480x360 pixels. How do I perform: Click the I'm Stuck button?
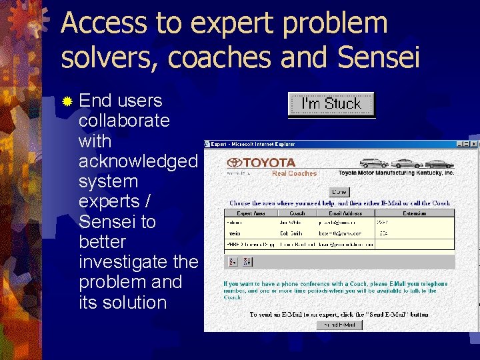click(x=331, y=104)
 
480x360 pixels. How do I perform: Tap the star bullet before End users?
click(x=67, y=101)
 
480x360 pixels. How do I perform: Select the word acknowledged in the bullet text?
click(x=138, y=161)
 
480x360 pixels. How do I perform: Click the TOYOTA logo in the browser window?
click(x=261, y=162)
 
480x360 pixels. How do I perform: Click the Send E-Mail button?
click(x=340, y=325)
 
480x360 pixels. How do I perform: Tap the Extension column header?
click(x=415, y=213)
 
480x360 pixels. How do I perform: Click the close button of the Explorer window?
click(x=474, y=144)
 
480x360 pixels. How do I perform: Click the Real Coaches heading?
click(x=294, y=173)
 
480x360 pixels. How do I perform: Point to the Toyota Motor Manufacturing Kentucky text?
click(x=395, y=173)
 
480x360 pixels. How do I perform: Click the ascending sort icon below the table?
click(x=233, y=262)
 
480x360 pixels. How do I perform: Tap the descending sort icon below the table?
click(x=247, y=262)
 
